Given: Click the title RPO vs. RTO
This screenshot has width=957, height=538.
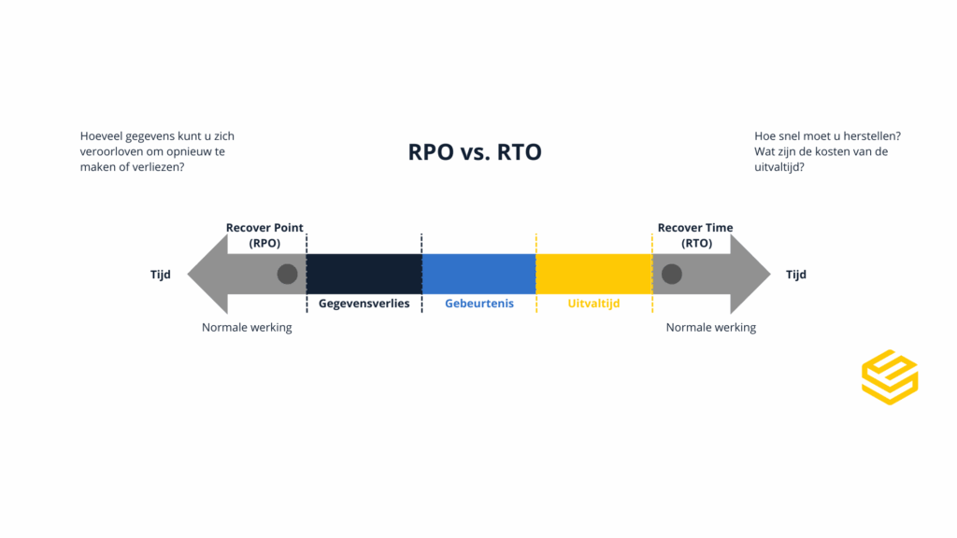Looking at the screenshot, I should point(475,151).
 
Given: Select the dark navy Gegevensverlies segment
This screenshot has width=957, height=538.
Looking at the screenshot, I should point(364,274).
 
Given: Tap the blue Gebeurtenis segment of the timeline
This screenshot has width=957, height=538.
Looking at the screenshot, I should point(478,274).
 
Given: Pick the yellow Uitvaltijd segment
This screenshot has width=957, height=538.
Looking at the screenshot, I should point(593,274).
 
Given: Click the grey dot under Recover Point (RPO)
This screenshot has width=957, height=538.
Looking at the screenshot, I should point(288,274).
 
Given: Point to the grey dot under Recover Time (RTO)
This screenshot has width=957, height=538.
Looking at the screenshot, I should point(672,274).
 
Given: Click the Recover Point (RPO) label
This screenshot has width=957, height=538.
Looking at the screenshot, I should point(264,235).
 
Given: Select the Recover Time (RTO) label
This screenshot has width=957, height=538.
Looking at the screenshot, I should point(695,235).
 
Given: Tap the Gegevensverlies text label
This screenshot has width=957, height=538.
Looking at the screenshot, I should point(364,304).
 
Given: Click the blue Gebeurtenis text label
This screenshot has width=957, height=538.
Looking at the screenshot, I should point(478,304).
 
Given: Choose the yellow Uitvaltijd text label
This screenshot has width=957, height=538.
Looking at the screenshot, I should point(593,304).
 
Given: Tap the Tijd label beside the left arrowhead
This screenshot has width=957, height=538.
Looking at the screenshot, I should point(161,275).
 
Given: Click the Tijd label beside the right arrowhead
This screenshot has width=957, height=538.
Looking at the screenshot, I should point(795,275).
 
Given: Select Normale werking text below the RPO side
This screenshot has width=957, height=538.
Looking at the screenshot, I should point(247,328).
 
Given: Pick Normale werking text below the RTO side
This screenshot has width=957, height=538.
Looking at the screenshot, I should point(710,328).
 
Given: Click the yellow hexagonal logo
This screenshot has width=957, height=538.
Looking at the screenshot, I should point(890,377).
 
